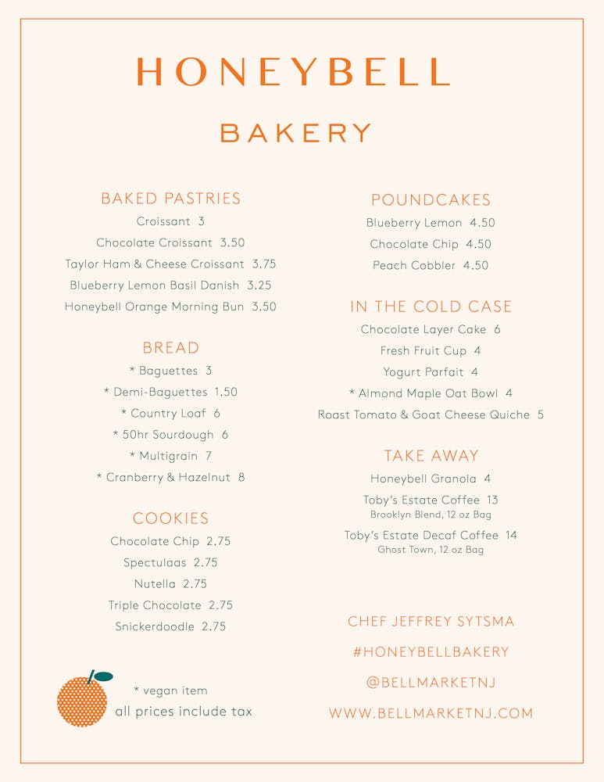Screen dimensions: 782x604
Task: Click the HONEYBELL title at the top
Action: [294, 71]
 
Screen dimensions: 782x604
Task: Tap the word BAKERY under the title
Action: [295, 133]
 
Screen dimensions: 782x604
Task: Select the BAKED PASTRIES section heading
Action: [170, 199]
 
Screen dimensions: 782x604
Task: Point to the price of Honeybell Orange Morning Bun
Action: [264, 307]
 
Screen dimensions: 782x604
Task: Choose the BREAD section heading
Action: [170, 348]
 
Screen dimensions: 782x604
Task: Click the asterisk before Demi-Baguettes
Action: [107, 393]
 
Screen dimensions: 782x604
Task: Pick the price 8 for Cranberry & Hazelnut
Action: [241, 477]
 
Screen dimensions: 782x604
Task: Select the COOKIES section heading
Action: [170, 518]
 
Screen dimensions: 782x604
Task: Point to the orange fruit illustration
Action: [82, 701]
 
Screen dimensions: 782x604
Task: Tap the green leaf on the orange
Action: [103, 676]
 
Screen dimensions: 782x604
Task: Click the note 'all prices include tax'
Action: [183, 712]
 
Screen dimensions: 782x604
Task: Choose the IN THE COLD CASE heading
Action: [431, 307]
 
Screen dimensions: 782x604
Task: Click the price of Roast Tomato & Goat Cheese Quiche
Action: [540, 414]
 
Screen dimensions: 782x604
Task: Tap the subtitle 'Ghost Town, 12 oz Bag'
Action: [431, 550]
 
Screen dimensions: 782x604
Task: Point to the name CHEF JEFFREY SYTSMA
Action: [431, 622]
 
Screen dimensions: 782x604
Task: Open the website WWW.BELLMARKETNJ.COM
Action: [431, 713]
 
